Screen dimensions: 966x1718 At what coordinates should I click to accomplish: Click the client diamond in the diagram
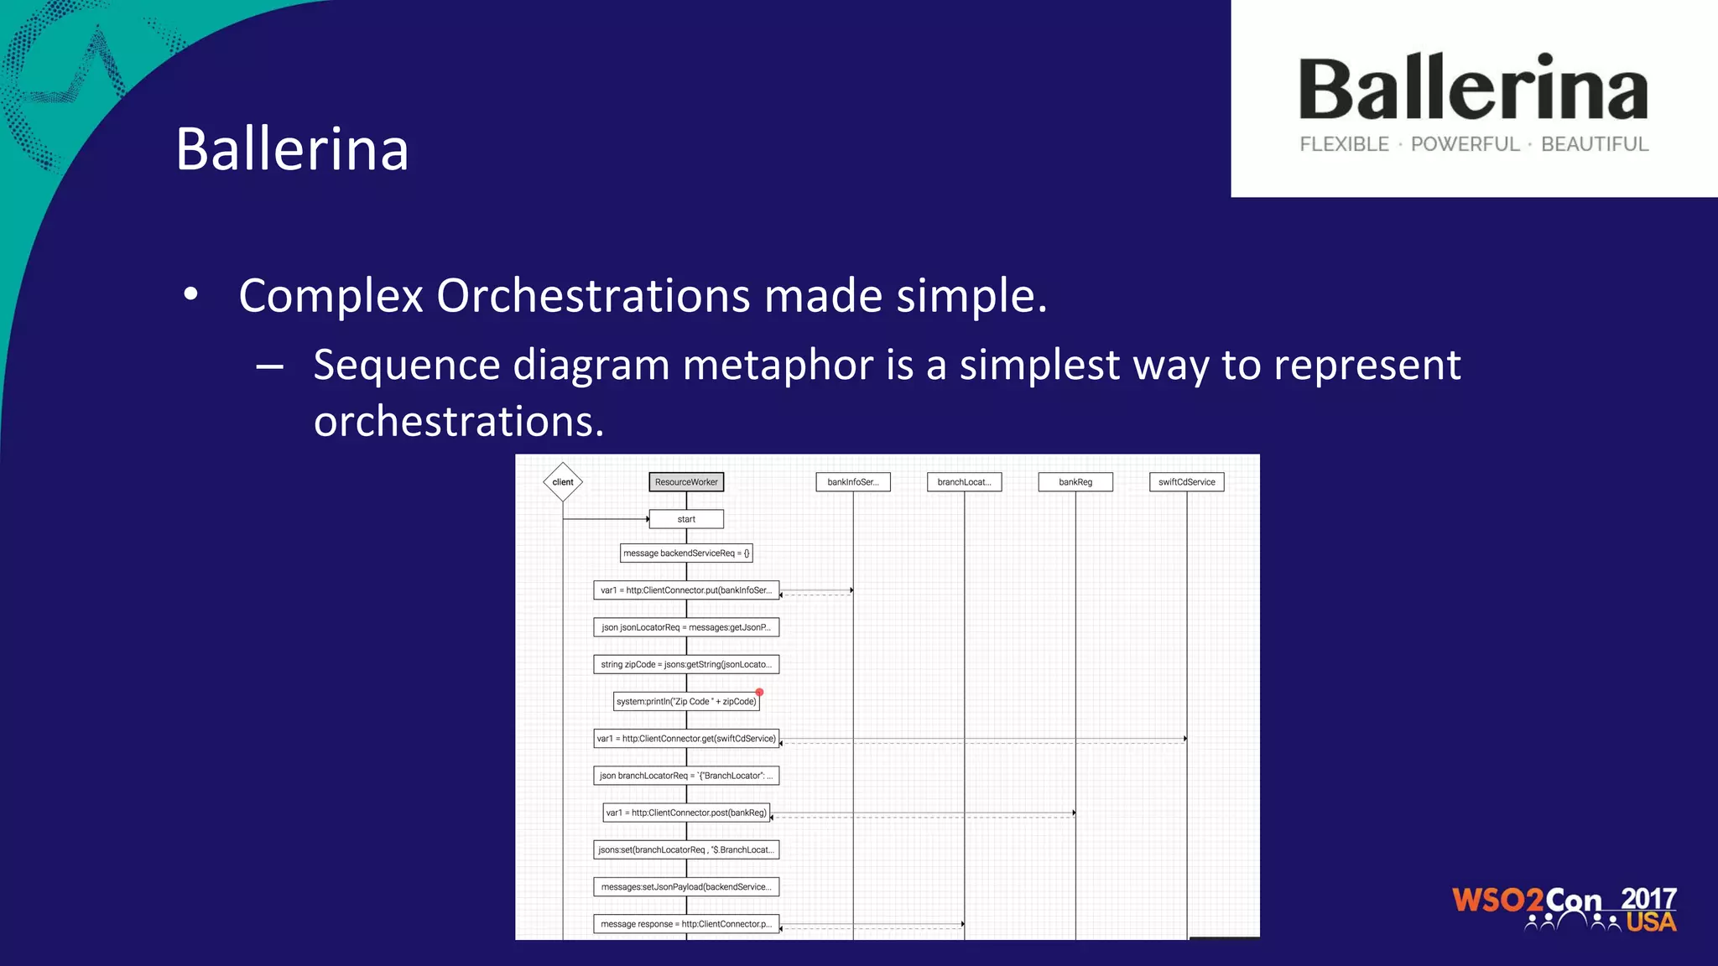pos(563,482)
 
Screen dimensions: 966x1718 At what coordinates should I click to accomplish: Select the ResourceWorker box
pos(686,482)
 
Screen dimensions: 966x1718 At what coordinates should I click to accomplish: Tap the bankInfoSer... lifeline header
pos(853,482)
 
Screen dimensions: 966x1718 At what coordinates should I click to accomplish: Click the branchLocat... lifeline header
pos(964,482)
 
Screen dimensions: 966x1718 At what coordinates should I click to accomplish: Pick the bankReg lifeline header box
pos(1075,482)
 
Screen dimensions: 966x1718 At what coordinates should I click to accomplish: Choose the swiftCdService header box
pos(1186,482)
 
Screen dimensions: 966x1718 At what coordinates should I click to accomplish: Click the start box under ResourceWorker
pos(686,519)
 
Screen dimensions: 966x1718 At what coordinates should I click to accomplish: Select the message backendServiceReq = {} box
pos(686,553)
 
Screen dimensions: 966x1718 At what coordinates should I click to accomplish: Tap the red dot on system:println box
pos(759,693)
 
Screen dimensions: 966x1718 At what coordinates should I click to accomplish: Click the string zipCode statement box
pos(686,665)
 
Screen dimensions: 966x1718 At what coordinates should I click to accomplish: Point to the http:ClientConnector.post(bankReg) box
pos(686,813)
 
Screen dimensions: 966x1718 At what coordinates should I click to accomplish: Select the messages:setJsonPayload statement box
pos(686,887)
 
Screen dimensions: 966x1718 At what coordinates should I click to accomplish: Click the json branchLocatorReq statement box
pos(686,776)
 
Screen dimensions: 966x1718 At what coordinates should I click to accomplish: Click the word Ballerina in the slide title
pos(292,149)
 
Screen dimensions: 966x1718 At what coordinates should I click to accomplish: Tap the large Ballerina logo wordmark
pos(1473,89)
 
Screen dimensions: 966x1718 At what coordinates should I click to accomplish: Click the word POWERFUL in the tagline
pos(1465,144)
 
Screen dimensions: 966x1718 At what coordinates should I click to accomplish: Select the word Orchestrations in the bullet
pos(593,296)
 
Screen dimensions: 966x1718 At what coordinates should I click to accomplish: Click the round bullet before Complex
pos(191,295)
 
